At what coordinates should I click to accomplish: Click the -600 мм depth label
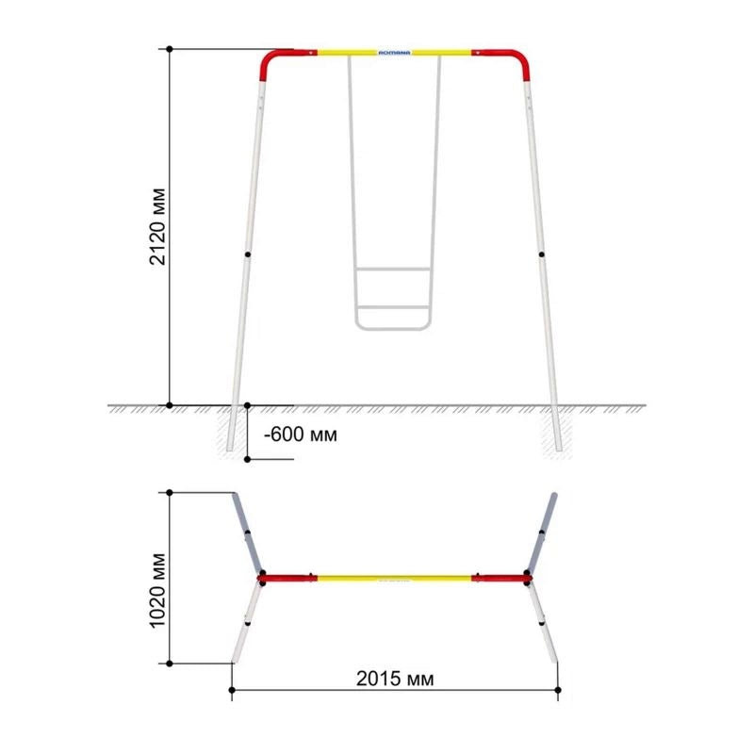[300, 434]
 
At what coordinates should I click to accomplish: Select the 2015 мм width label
[396, 678]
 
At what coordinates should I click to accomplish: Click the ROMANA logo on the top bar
[394, 54]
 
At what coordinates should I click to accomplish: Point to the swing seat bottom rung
[394, 327]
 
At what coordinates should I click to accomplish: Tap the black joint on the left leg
[246, 254]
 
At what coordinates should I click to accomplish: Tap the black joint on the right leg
[542, 254]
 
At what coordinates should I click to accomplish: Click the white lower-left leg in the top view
[246, 621]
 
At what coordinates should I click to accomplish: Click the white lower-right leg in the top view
[542, 621]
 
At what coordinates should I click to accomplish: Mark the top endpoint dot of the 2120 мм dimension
[170, 48]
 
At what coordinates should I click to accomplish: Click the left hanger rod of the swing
[352, 188]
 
